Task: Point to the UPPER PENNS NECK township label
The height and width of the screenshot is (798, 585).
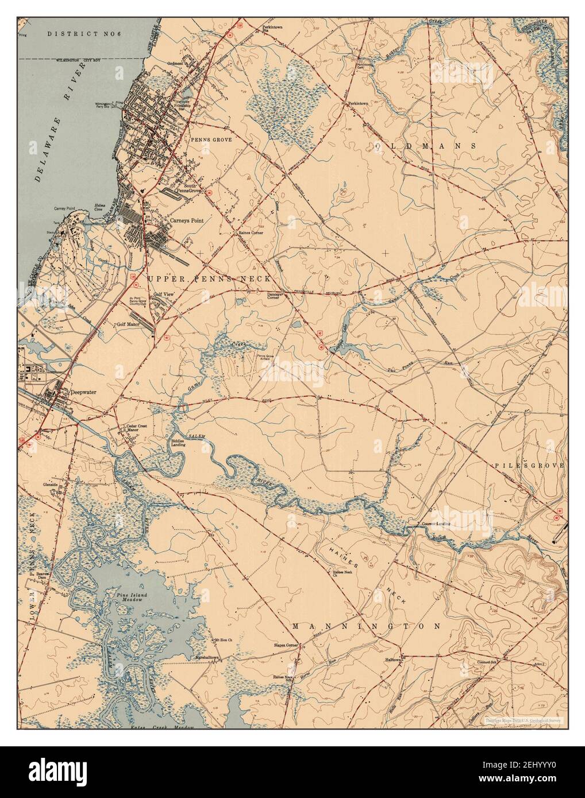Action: (209, 278)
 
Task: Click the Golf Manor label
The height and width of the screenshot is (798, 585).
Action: (129, 324)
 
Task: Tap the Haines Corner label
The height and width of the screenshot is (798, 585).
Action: (251, 233)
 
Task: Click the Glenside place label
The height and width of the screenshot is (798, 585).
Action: (51, 484)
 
